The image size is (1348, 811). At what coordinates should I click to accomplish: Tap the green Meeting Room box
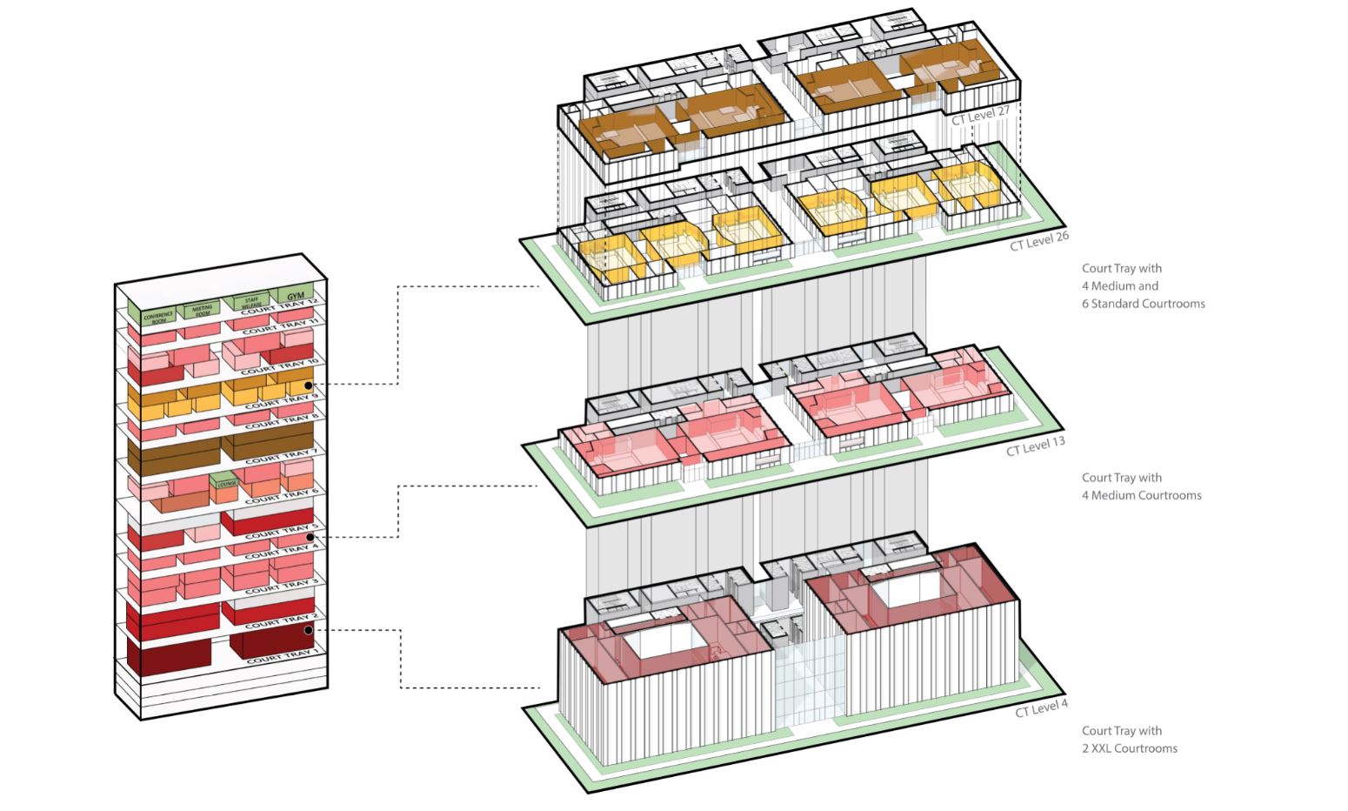pyautogui.click(x=202, y=309)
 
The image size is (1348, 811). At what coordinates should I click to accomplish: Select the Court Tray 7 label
pyautogui.click(x=279, y=456)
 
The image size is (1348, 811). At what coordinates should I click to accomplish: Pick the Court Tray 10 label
pyautogui.click(x=279, y=366)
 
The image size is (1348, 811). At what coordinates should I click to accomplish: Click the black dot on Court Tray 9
pyautogui.click(x=308, y=384)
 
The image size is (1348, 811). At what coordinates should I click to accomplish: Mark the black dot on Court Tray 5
pyautogui.click(x=309, y=538)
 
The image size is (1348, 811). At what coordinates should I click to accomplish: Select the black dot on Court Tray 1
pyautogui.click(x=308, y=629)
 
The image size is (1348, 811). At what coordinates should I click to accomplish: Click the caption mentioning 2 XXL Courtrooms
pyautogui.click(x=1130, y=740)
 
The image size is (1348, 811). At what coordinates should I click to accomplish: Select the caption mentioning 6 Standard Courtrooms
pyautogui.click(x=1143, y=286)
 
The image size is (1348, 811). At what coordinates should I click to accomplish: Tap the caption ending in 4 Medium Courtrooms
pyautogui.click(x=1141, y=486)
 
